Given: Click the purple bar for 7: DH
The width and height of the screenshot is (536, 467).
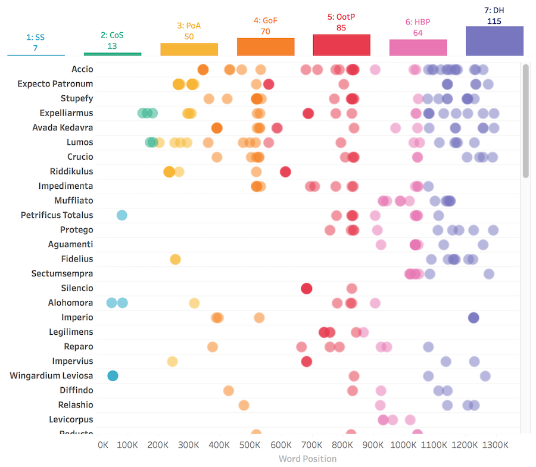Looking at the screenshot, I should click(x=494, y=41).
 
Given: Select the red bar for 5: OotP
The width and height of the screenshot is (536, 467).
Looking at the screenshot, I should click(x=341, y=45).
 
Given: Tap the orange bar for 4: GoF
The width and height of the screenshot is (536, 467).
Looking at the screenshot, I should click(x=265, y=46).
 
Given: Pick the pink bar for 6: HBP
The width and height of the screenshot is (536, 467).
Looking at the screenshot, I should click(x=418, y=48).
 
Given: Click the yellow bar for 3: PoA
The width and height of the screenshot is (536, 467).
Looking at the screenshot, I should click(x=189, y=49).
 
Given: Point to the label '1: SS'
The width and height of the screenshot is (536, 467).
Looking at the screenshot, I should click(x=36, y=37).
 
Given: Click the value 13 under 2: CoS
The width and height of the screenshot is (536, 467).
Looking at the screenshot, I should click(x=112, y=46).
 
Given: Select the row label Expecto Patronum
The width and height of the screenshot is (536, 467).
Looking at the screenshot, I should click(x=55, y=84).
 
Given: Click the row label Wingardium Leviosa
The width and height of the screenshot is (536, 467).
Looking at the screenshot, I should click(x=52, y=375).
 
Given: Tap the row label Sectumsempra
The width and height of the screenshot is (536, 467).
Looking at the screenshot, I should click(x=63, y=273).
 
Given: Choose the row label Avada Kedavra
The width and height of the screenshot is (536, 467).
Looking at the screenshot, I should click(x=63, y=127).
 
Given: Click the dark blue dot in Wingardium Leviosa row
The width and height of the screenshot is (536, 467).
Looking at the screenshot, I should click(x=113, y=375).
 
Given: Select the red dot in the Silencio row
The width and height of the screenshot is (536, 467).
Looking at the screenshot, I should click(x=307, y=288).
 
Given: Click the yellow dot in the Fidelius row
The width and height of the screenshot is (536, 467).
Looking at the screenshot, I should click(x=175, y=259).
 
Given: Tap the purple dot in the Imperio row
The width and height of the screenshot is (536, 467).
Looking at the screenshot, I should click(x=473, y=317).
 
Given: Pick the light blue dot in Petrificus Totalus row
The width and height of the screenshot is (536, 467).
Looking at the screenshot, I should click(x=122, y=215).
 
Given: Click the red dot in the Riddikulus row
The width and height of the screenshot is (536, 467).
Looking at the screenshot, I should click(x=285, y=172).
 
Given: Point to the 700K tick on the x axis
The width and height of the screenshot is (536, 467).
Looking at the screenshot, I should click(x=312, y=444).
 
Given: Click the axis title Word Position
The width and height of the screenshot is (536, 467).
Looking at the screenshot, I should click(x=307, y=459).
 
